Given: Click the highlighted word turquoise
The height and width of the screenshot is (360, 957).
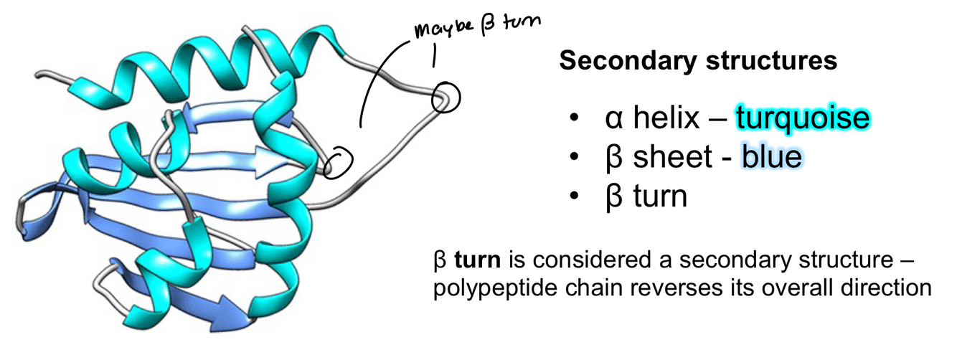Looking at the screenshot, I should (802, 118).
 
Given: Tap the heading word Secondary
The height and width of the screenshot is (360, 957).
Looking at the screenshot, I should (626, 62).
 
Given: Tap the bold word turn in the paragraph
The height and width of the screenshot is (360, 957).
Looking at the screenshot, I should (470, 257).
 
